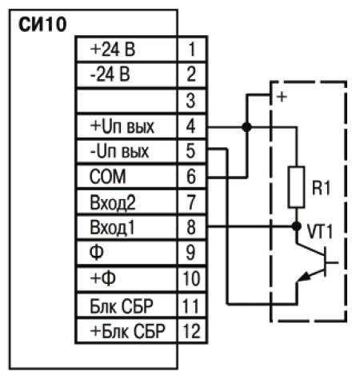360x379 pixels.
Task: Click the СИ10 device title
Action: tap(42, 25)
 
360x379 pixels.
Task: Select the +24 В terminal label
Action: tap(113, 50)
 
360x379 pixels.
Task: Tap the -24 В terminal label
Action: tap(110, 74)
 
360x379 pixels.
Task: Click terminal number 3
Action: tap(190, 101)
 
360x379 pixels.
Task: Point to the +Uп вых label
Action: tap(122, 126)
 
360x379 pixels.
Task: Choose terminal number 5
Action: tap(190, 151)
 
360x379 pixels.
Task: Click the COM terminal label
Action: tap(108, 177)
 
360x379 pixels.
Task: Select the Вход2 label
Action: tap(113, 202)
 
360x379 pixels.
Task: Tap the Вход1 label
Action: tap(112, 228)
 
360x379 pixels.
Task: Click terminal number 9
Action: tap(190, 253)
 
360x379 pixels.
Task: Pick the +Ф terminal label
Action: tap(103, 278)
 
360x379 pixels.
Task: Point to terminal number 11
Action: tap(190, 305)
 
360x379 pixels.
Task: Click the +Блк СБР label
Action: tap(128, 331)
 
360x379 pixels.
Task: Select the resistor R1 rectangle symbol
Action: tap(296, 187)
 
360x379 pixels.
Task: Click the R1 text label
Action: tap(322, 188)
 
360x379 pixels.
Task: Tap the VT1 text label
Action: tap(320, 231)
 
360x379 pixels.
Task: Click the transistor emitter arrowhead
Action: tap(304, 277)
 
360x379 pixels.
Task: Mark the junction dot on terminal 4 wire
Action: tap(246, 127)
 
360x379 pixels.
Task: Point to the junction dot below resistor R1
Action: tap(296, 226)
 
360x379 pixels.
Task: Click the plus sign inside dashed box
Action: tap(282, 97)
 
